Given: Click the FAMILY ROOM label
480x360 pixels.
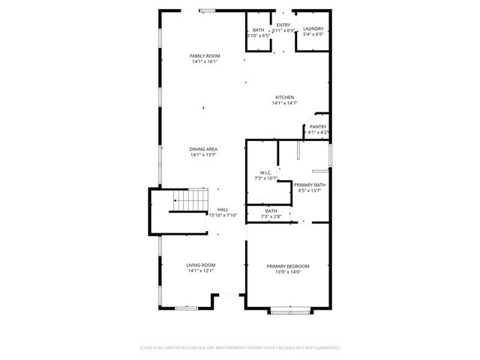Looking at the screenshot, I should [204, 56].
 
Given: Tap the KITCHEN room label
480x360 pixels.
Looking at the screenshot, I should [284, 97].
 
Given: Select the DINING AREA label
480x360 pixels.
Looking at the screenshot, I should [203, 149].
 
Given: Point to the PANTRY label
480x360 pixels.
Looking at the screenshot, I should [318, 127].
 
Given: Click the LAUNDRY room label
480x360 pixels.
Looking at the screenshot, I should [313, 29].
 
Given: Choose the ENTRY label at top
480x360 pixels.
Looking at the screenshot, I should [283, 25].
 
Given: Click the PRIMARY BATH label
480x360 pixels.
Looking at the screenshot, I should [309, 184].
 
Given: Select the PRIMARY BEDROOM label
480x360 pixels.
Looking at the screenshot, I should [288, 266].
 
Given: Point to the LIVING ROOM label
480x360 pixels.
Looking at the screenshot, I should [201, 265].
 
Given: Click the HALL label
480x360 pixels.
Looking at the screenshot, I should [223, 210].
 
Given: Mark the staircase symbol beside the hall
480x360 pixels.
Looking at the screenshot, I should [190, 201].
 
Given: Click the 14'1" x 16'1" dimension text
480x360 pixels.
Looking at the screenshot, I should [204, 62].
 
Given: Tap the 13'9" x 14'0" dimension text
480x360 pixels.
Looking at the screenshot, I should [288, 272].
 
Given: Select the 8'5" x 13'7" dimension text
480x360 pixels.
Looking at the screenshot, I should [309, 190].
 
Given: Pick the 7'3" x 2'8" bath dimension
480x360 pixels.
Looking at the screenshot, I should [271, 217].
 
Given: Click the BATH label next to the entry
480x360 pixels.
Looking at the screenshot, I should [258, 29].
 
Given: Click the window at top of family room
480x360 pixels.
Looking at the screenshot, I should [206, 10].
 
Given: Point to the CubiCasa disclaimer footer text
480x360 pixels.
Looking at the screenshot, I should [240, 347].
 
